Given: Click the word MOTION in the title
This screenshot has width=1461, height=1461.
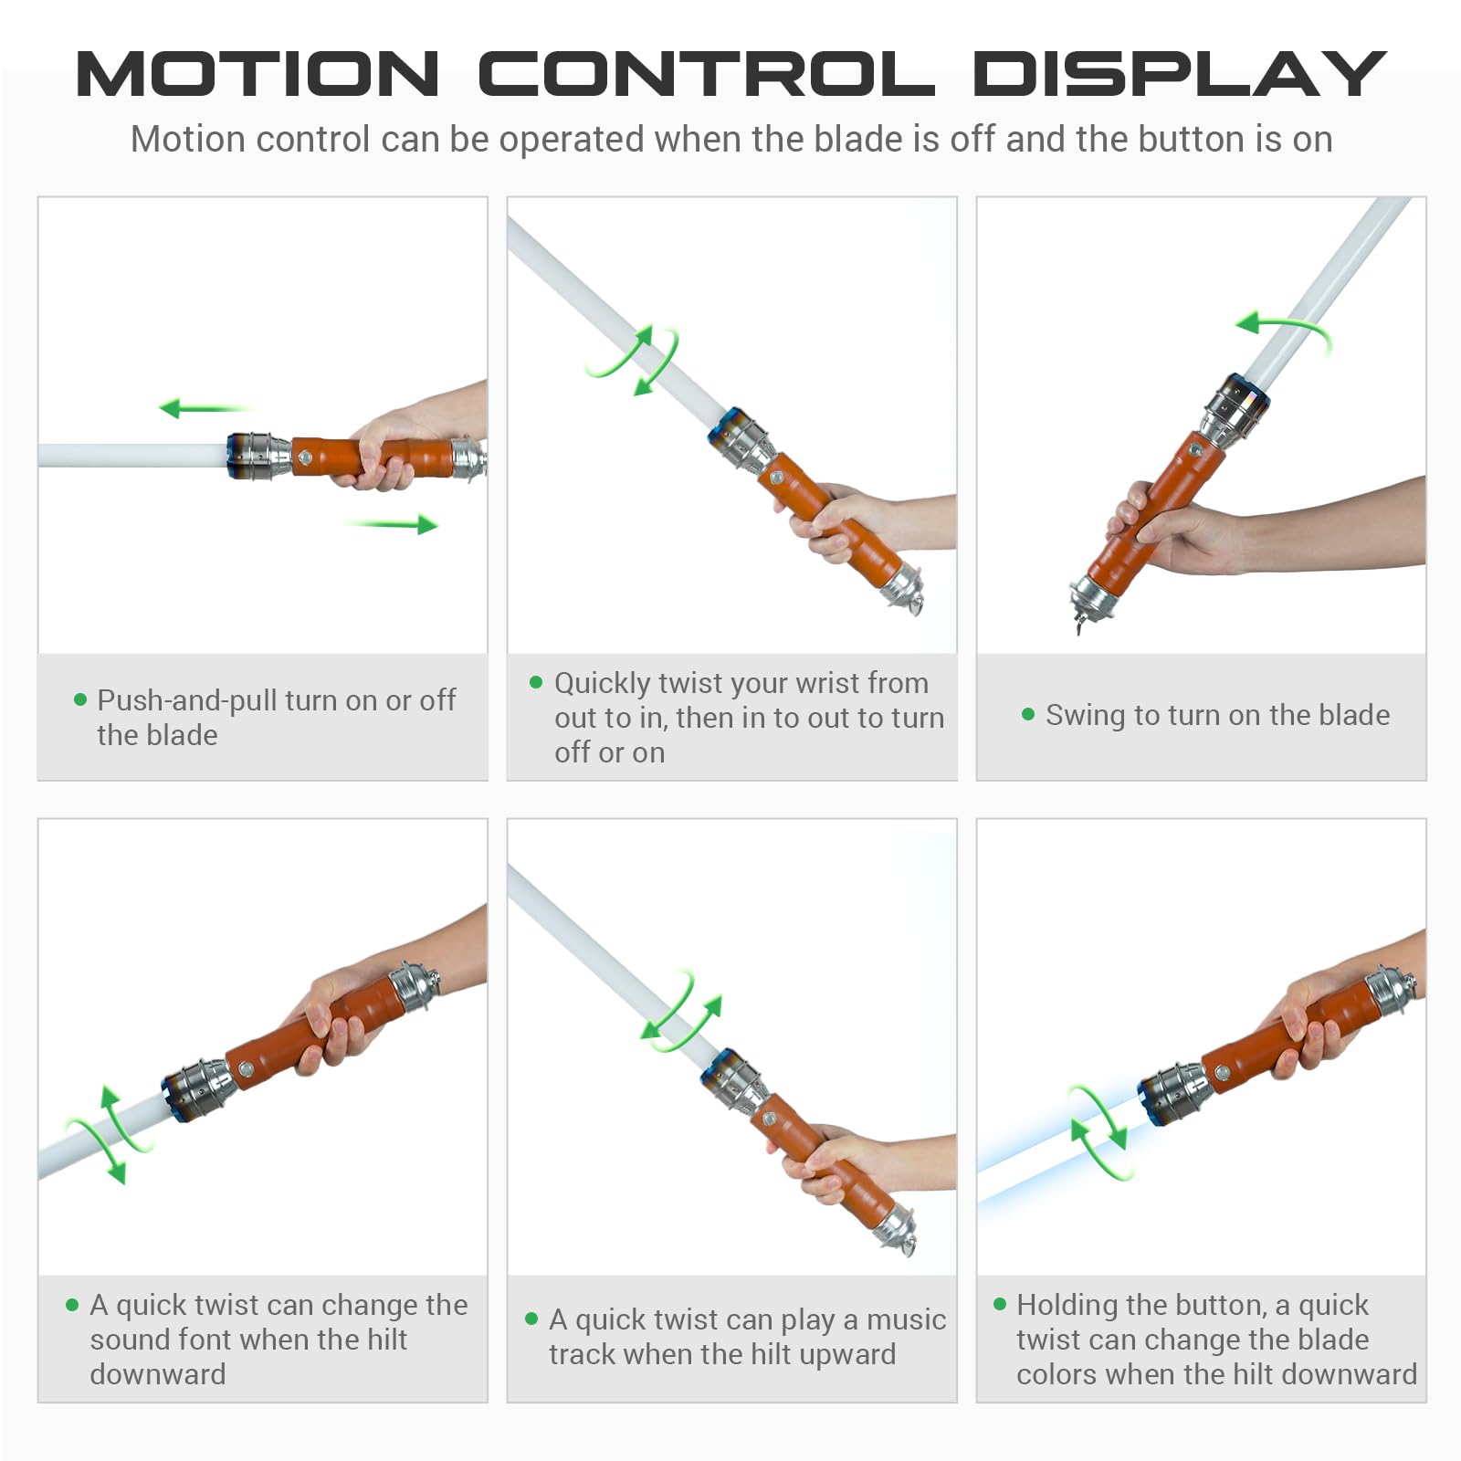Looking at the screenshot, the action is [258, 74].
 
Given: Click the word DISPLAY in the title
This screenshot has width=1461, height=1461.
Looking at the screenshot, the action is [1180, 74].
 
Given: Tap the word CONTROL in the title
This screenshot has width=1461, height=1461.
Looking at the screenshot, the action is [707, 74].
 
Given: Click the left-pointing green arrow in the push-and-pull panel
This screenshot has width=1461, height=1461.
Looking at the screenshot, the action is [205, 407].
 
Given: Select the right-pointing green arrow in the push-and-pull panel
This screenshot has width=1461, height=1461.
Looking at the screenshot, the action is [392, 524].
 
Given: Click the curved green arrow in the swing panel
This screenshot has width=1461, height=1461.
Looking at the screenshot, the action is [1284, 330].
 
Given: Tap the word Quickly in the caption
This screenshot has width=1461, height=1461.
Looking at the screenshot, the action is [603, 684].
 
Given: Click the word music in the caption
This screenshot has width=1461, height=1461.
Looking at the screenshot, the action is [906, 1319].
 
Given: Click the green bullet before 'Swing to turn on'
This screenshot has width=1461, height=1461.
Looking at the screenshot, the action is [1028, 714].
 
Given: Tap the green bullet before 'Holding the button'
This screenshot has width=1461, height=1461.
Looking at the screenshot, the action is [1000, 1304].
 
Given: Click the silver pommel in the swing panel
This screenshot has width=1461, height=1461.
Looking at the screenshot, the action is [1093, 598].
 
